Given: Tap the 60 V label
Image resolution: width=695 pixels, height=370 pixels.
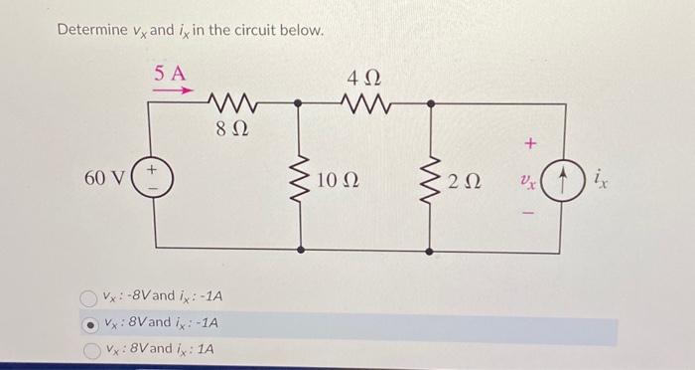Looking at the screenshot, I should tap(104, 179).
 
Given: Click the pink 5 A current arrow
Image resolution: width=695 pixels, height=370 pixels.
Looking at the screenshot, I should tap(171, 90).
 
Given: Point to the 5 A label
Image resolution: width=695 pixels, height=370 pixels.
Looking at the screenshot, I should tap(170, 72).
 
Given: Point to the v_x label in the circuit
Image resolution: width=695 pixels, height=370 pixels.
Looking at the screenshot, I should tap(527, 182).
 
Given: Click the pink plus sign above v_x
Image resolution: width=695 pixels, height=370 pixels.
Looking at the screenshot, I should tap(530, 145).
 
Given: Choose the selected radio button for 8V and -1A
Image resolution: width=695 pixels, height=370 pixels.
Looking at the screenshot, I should tap(91, 324).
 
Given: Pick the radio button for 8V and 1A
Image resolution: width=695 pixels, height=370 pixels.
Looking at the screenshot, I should tap(91, 350).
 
